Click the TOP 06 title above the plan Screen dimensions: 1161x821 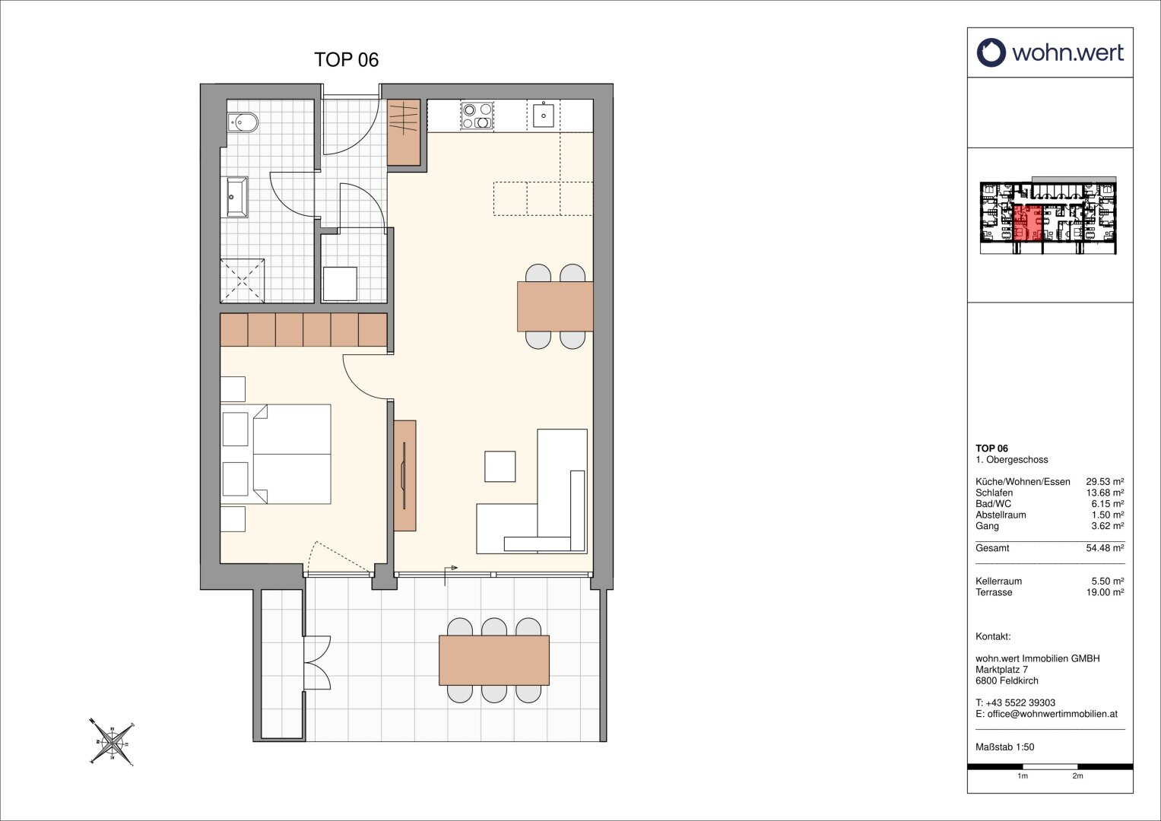346,59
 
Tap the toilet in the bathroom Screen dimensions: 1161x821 242,122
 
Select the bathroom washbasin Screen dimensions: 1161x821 237,197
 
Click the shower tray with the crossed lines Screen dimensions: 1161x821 243,281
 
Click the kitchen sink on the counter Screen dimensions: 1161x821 544,116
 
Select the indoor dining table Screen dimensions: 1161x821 555,306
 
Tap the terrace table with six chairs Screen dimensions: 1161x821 494,661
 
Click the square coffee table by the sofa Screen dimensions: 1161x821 500,467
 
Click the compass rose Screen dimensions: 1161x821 112,742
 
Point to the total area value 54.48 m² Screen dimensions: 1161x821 1105,548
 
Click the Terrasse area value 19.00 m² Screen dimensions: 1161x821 1105,592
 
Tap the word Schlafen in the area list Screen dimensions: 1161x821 994,493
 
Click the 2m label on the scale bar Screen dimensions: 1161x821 1077,791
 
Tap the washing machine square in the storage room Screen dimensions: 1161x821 340,284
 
